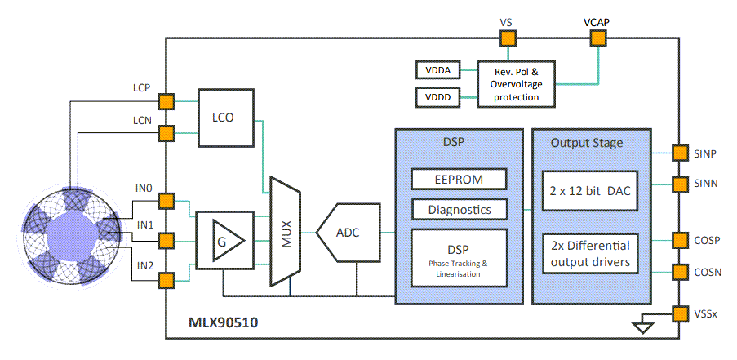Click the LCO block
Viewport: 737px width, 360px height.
pyautogui.click(x=223, y=117)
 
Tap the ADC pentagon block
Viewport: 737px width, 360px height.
pyautogui.click(x=349, y=233)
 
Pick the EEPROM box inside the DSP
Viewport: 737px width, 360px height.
pyautogui.click(x=459, y=179)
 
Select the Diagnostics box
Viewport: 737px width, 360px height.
pyautogui.click(x=459, y=210)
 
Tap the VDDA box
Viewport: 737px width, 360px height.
pyautogui.click(x=438, y=70)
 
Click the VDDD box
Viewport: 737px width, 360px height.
pyautogui.click(x=438, y=98)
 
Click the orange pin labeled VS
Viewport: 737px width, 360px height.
pyautogui.click(x=505, y=37)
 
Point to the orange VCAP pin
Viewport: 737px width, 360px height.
pyautogui.click(x=599, y=37)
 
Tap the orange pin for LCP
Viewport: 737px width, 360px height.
pyautogui.click(x=166, y=101)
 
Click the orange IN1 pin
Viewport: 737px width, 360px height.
pyautogui.click(x=166, y=241)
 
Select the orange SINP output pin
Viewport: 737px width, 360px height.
pyautogui.click(x=679, y=153)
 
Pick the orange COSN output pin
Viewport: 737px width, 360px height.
pyautogui.click(x=679, y=271)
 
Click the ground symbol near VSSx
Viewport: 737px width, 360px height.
pyautogui.click(x=644, y=327)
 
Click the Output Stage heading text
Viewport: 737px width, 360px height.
pyautogui.click(x=587, y=143)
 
